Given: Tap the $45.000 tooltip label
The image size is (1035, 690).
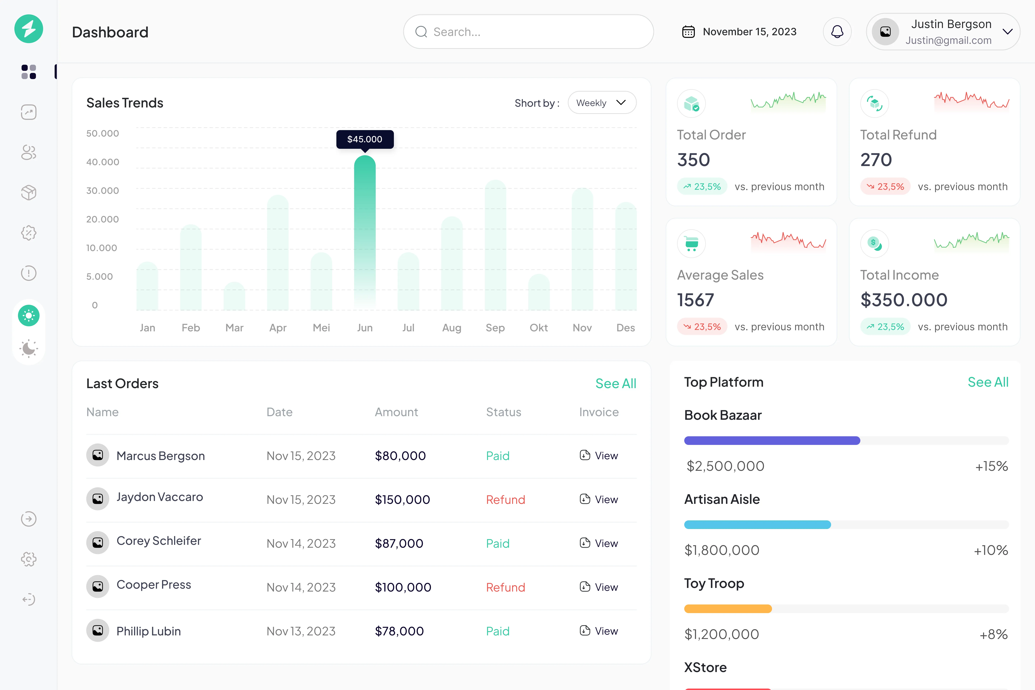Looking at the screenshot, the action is (x=365, y=139).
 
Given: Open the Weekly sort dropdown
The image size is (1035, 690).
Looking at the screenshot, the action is (x=602, y=103).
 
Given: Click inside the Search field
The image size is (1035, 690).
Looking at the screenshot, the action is (x=528, y=32).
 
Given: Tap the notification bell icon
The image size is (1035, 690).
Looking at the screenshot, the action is (x=837, y=32).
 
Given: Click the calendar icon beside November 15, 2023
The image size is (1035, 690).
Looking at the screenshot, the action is (x=688, y=32).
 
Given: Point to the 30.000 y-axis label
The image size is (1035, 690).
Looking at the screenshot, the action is (x=103, y=190).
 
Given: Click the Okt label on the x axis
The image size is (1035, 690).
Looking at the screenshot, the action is (x=539, y=328).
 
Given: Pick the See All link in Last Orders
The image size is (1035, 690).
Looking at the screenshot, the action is (x=616, y=383).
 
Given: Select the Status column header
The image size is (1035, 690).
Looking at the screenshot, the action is (x=503, y=412).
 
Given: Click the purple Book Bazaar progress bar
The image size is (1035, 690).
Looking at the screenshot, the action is (x=772, y=440).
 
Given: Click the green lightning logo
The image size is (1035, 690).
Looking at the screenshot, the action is (x=29, y=29).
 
